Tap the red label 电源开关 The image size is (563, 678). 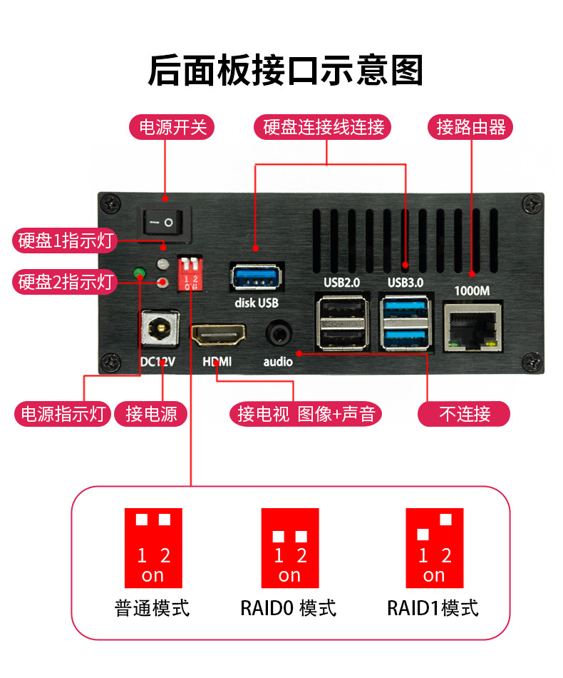click(x=172, y=128)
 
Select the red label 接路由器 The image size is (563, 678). click(x=470, y=128)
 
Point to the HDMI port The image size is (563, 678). click(x=217, y=334)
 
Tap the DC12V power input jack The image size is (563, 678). click(x=158, y=329)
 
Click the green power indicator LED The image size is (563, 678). click(x=140, y=273)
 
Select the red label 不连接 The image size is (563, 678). click(x=464, y=414)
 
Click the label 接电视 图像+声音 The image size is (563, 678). click(x=306, y=414)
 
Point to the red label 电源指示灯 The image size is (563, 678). click(x=63, y=414)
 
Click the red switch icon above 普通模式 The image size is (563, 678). click(x=153, y=546)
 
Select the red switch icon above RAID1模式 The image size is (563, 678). click(x=434, y=546)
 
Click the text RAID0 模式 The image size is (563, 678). click(x=288, y=609)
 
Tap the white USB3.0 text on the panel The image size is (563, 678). click(x=405, y=283)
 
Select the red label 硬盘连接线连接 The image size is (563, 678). click(x=324, y=128)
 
